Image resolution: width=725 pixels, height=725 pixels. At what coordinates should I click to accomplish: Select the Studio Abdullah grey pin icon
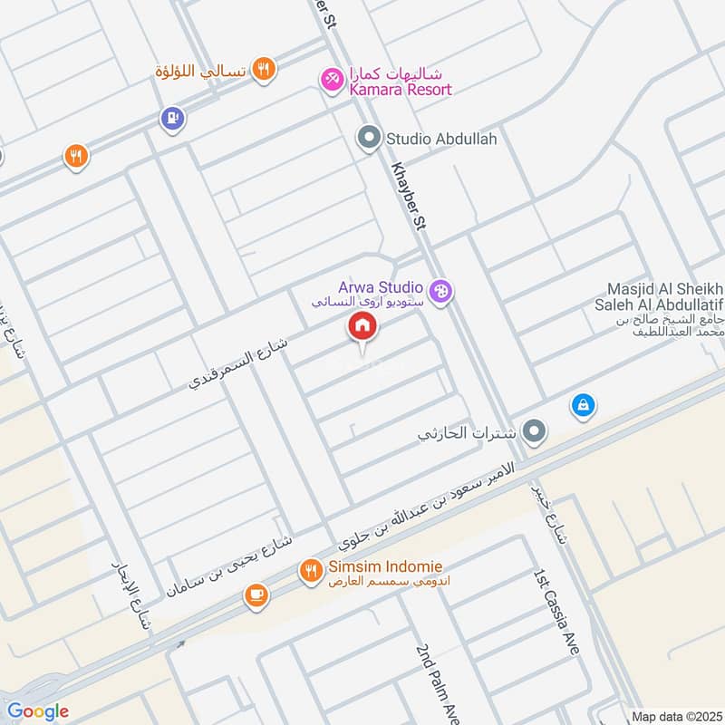tap(368, 140)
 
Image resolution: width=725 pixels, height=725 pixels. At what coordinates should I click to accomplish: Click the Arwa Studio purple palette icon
tap(441, 292)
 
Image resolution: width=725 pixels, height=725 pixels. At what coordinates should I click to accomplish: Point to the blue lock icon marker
tap(583, 405)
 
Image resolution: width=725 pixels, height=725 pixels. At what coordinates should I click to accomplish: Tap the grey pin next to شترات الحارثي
tap(535, 432)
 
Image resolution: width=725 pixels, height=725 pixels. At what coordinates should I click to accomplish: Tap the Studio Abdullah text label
tap(441, 140)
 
